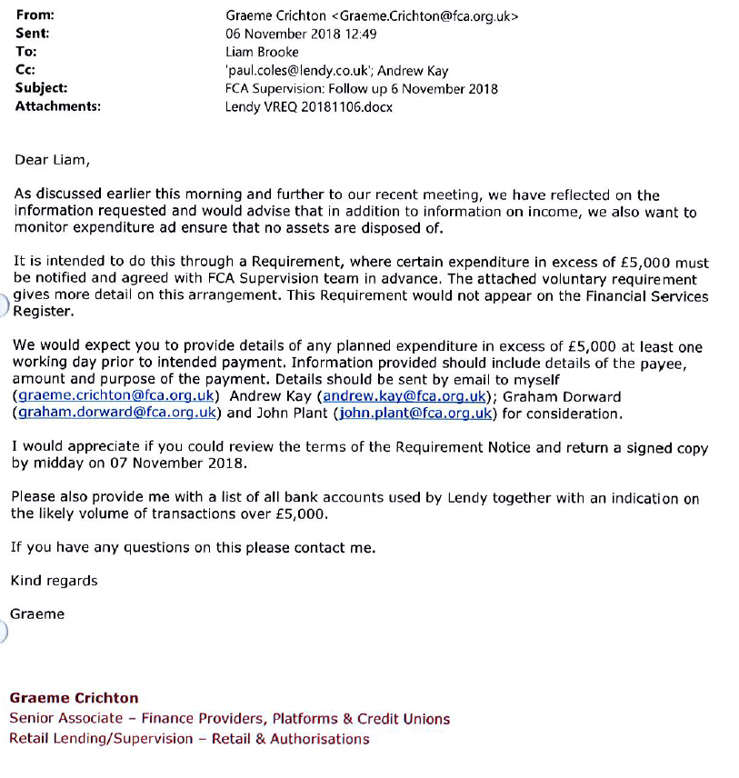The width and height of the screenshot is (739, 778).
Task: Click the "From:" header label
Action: [35, 15]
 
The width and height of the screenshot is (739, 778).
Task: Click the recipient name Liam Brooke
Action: [262, 52]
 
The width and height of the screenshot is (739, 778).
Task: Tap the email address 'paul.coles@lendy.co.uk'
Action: [298, 70]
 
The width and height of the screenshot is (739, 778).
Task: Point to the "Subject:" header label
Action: [41, 88]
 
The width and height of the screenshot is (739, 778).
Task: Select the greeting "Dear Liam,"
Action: [53, 160]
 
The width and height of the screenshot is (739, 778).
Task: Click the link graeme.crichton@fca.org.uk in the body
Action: [115, 396]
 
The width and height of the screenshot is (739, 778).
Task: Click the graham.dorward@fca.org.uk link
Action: [115, 414]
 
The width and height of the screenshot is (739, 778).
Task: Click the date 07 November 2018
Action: [185, 464]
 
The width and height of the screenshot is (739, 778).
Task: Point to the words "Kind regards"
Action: [54, 581]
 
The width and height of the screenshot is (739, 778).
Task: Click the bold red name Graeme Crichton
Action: [74, 699]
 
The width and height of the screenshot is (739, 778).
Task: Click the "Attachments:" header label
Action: [57, 106]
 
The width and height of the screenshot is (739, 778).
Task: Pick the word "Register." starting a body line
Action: [41, 312]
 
